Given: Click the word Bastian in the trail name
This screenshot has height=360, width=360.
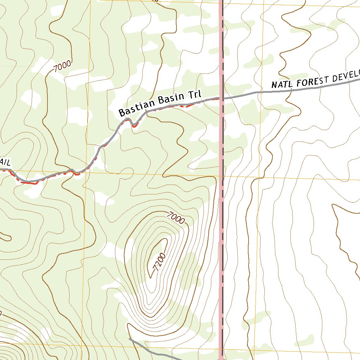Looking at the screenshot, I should (x=137, y=108).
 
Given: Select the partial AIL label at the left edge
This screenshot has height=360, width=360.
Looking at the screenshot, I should (x=5, y=162).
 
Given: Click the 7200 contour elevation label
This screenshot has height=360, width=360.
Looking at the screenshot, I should (x=159, y=262).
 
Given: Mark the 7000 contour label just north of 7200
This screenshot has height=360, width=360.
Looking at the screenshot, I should (x=176, y=218).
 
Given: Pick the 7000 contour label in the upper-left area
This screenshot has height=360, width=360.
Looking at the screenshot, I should (x=63, y=66).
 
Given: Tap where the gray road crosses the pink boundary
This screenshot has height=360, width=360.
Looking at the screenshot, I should (x=221, y=98).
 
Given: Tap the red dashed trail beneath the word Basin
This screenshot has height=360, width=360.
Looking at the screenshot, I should (x=176, y=106).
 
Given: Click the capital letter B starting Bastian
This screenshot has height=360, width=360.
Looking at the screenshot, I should (x=122, y=112).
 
